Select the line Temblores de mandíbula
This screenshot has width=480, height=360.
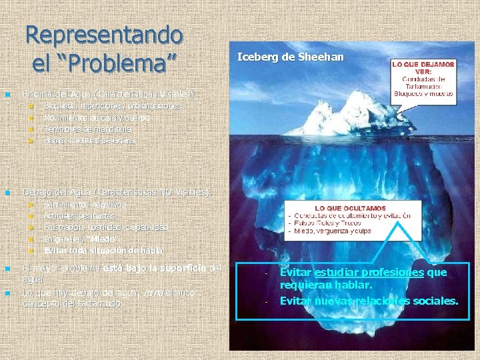pyautogui.click(x=87, y=129)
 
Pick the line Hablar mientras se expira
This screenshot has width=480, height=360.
pyautogui.click(x=89, y=141)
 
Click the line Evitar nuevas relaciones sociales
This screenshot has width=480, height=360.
pyautogui.click(x=369, y=301)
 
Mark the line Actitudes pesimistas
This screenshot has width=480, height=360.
pyautogui.click(x=79, y=215)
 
